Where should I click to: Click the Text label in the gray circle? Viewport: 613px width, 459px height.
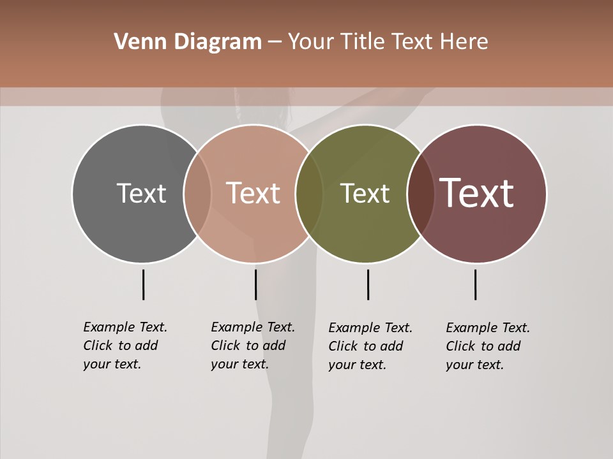141,193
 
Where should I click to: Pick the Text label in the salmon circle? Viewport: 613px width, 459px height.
253,193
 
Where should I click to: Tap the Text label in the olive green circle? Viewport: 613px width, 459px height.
365,193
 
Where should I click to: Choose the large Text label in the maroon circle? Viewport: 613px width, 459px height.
477,193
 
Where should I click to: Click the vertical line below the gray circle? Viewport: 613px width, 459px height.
143,284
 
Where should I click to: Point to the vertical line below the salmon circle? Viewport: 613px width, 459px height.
255,284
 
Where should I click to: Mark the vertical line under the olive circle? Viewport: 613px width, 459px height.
368,284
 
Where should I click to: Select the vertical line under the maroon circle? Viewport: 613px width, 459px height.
475,284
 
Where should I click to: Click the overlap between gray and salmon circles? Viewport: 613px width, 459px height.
197,193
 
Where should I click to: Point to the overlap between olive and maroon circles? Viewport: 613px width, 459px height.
421,193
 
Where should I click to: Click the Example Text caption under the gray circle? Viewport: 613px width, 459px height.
125,346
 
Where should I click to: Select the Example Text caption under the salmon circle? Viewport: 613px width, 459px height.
253,346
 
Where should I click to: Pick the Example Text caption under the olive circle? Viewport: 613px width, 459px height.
370,346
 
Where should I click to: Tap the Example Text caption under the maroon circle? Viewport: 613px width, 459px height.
488,346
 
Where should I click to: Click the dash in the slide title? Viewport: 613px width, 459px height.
275,43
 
